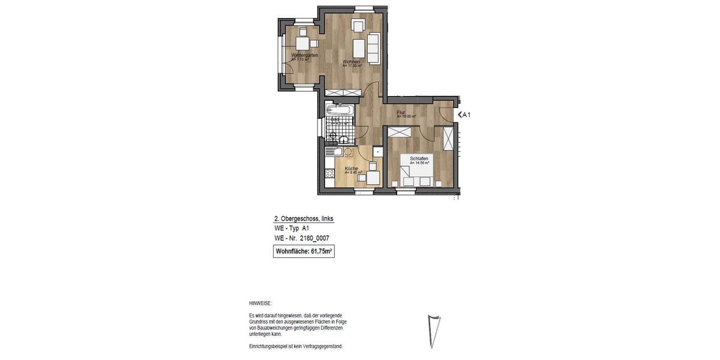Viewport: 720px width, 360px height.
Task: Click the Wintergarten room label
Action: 304,55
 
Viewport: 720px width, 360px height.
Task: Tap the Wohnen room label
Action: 351,62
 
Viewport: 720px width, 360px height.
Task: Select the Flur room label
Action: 401,112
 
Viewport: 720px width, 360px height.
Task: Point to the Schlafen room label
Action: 419,158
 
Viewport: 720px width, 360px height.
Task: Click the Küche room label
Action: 352,169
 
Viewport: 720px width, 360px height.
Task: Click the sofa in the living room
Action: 373,49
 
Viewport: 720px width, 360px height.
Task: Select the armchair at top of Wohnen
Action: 358,26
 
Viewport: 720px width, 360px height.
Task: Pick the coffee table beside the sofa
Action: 359,47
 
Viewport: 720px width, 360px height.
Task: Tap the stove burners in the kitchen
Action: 329,174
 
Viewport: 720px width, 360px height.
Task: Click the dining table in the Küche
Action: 374,177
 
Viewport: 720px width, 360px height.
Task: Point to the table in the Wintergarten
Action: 302,43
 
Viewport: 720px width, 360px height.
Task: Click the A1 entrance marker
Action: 464,115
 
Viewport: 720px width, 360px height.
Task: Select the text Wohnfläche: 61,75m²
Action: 304,252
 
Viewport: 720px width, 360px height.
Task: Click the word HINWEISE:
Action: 260,304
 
